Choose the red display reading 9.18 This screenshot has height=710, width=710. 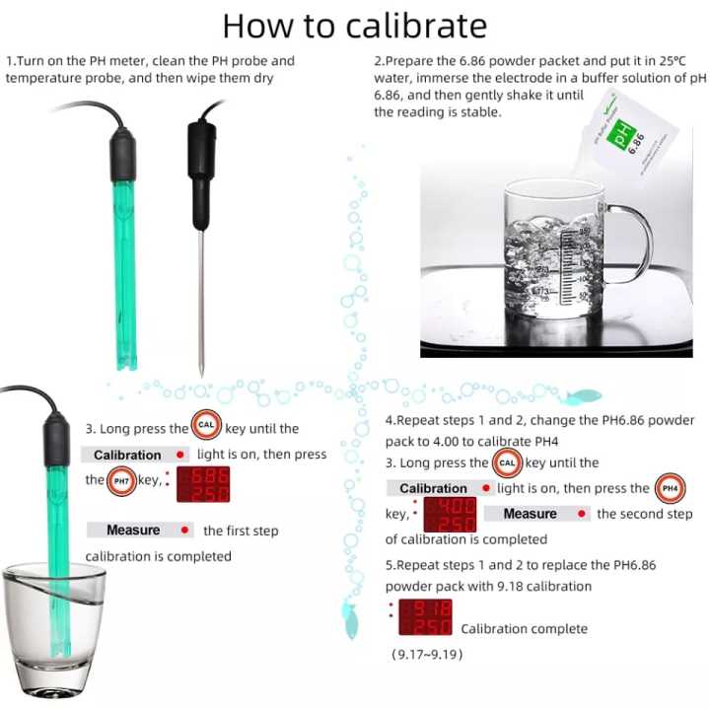click(x=425, y=617)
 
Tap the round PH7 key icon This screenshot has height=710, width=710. click(x=121, y=481)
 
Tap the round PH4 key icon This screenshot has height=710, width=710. click(x=669, y=488)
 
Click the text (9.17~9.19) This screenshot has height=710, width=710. click(x=427, y=654)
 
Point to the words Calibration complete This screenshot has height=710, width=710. click(x=524, y=629)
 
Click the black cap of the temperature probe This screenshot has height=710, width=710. click(x=202, y=158)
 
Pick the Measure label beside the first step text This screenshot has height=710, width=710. click(x=133, y=531)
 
